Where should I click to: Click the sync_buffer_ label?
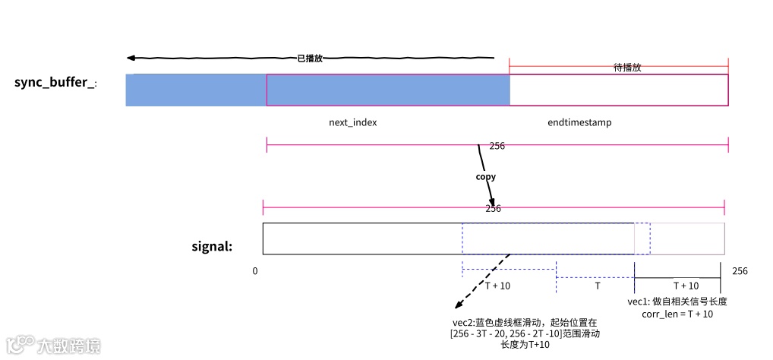pos(55,82)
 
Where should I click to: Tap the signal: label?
pos(212,246)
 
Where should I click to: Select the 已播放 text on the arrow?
pos(310,58)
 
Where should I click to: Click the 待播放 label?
pos(627,67)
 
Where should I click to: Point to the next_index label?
pos(352,122)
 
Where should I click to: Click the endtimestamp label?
pos(579,122)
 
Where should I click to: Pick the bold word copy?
pos(485,176)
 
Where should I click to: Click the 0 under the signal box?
pos(255,270)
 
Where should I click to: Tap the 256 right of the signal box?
pos(740,270)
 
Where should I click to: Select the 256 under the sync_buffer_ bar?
pos(497,145)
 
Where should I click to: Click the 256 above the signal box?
pos(493,208)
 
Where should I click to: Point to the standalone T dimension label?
pos(597,286)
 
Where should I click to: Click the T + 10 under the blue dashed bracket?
pos(497,286)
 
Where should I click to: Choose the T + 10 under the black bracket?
pos(686,286)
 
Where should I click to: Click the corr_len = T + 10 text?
pos(670,314)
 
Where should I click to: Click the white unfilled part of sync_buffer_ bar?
pos(618,90)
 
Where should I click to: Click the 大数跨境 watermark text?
pos(69,346)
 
